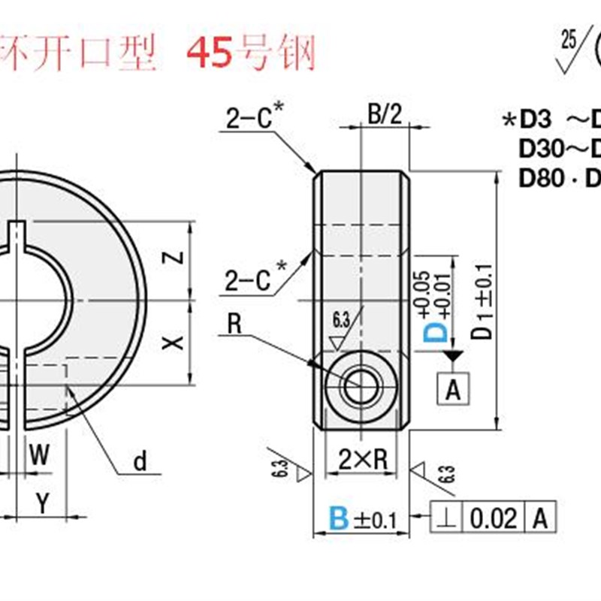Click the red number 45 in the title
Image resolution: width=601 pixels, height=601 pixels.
point(210,53)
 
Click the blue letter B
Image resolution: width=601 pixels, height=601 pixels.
point(340,518)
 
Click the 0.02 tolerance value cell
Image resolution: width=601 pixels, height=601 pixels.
point(494,518)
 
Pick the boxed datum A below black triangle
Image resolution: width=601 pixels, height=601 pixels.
point(452,389)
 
